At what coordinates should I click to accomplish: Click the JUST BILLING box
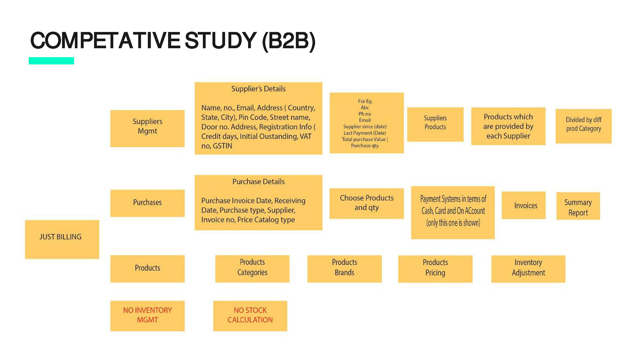click(62, 239)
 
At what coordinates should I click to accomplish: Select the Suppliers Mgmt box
click(147, 128)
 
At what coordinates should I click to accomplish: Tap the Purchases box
click(147, 203)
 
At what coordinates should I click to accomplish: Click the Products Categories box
click(252, 269)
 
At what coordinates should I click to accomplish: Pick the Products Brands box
click(344, 269)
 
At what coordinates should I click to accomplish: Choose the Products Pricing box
click(435, 269)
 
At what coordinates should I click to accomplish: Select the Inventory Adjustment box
click(528, 269)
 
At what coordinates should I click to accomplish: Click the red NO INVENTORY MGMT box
click(147, 316)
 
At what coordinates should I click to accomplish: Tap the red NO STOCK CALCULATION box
click(250, 316)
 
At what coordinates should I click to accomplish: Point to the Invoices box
click(523, 205)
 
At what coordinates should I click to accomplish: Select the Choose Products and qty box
click(366, 203)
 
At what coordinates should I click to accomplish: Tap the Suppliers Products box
click(435, 124)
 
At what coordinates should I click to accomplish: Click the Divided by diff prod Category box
click(583, 126)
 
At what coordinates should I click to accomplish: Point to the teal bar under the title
click(51, 61)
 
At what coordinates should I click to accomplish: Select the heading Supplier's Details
click(258, 89)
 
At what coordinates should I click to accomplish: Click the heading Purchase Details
click(258, 182)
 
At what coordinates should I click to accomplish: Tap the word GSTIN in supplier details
click(222, 146)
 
